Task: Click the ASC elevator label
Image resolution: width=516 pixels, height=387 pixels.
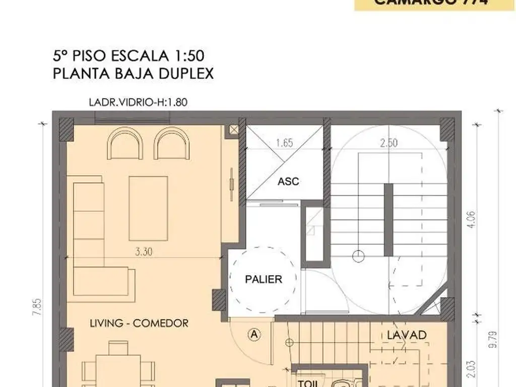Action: coord(288,181)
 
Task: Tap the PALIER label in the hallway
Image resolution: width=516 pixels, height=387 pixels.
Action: coord(264,279)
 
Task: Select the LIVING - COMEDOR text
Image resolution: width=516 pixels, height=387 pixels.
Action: coord(139,323)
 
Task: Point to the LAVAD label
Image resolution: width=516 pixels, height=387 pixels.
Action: coord(407,335)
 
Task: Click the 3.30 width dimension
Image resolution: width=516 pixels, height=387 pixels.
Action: coord(144,252)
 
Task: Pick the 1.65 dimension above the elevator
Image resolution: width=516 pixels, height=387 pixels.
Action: coord(285,143)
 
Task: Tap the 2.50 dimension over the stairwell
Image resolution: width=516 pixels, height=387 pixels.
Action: coord(389,143)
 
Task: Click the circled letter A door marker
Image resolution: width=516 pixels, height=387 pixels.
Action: coord(254,334)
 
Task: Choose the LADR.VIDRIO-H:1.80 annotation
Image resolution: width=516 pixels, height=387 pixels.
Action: coord(138,102)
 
